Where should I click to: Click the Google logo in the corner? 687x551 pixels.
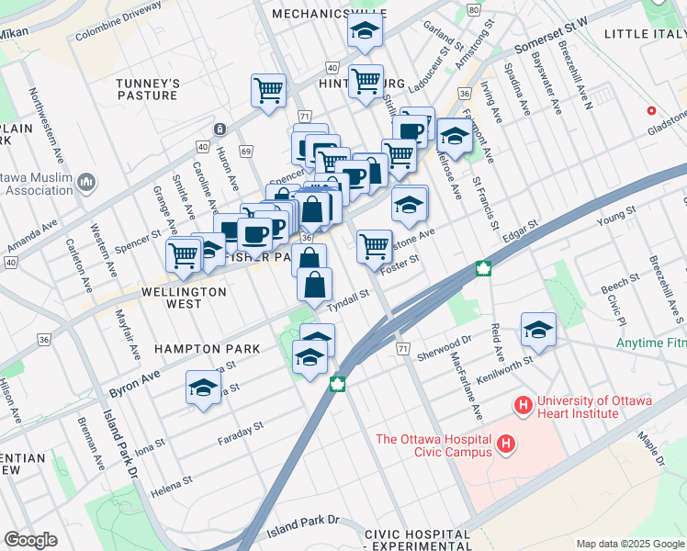click(30, 540)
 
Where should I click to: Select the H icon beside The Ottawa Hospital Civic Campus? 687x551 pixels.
click(504, 446)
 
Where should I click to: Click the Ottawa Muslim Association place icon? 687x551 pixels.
click(87, 183)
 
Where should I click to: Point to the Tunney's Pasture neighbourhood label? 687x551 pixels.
click(147, 89)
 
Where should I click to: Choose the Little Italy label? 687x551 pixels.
click(645, 34)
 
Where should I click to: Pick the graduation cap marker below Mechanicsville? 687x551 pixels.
click(365, 32)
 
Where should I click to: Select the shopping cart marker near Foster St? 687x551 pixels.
click(374, 246)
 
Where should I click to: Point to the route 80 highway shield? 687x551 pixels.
click(472, 9)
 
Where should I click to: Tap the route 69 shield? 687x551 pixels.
click(246, 151)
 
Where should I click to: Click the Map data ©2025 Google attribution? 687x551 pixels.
click(629, 544)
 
